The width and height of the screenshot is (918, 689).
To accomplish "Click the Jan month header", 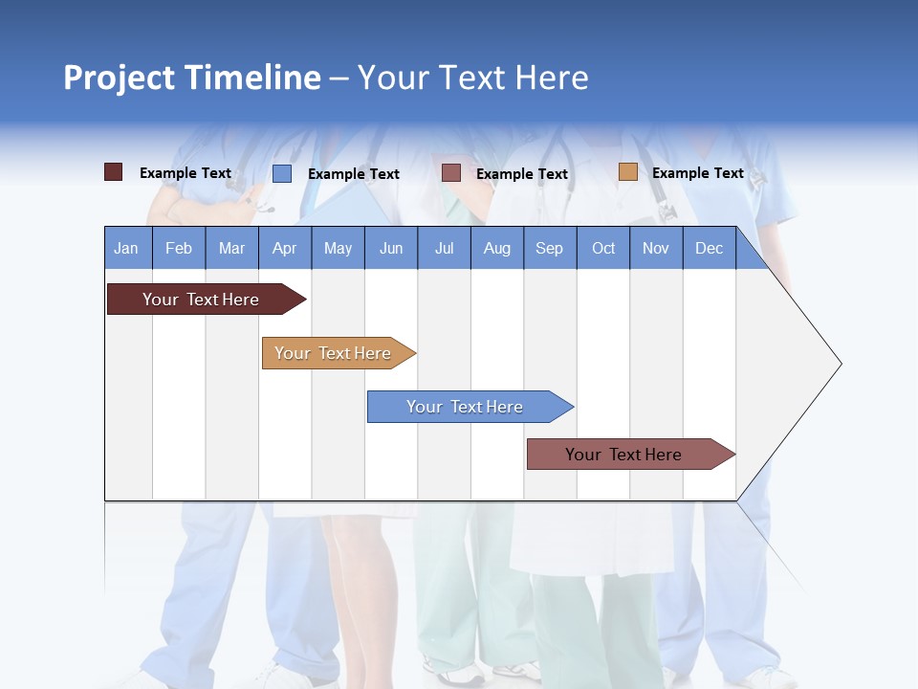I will point(126,248).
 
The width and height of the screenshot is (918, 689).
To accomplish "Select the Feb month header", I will point(179,248).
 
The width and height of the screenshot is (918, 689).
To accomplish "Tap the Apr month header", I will point(285,248).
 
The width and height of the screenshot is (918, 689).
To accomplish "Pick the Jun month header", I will point(391,248).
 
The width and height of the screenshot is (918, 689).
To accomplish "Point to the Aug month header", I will point(497,248).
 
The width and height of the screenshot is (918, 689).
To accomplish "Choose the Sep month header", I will point(550,248).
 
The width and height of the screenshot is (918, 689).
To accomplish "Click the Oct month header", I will point(603,248).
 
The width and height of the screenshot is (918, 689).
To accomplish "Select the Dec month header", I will point(710,248).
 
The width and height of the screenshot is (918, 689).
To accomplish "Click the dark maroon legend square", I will point(113,172).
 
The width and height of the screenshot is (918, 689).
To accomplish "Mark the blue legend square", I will point(282,173).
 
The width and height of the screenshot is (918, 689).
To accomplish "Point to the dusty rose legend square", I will point(451,173).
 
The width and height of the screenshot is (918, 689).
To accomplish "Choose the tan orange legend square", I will point(627,172).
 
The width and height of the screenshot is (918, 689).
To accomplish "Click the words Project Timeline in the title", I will point(192,78).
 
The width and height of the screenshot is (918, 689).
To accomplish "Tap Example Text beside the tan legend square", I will point(697,173).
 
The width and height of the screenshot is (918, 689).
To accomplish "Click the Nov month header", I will point(656,248).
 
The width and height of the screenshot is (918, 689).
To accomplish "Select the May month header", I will point(338,248).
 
